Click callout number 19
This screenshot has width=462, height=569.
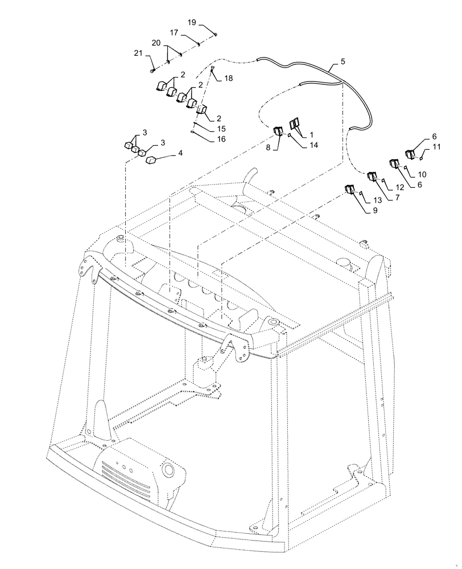[x=192, y=23]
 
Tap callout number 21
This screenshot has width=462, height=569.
[x=137, y=53]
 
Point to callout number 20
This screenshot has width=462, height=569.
[x=155, y=43]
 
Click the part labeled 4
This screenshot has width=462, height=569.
[x=152, y=161]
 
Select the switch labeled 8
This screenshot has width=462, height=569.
[x=279, y=133]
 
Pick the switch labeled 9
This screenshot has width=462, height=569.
[x=349, y=189]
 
